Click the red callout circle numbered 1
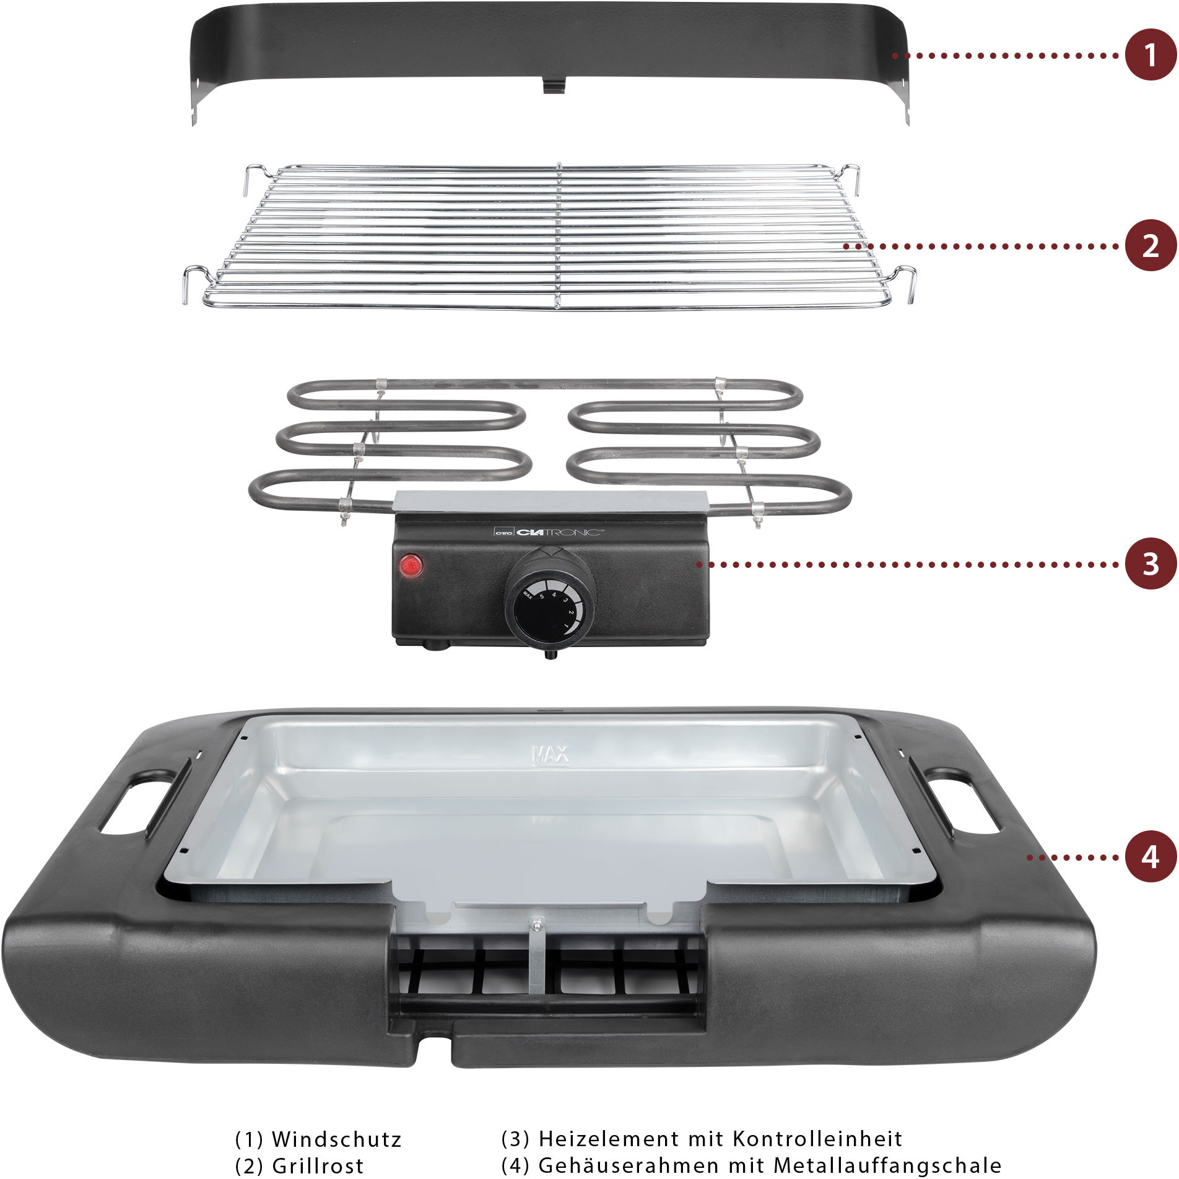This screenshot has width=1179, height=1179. coord(1151,54)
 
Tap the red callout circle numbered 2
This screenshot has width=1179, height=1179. coord(1151,246)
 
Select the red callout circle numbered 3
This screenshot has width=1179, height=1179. coord(1151,563)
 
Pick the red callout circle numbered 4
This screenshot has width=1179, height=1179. coord(1151,857)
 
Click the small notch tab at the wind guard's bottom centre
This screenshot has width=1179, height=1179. coord(554,85)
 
